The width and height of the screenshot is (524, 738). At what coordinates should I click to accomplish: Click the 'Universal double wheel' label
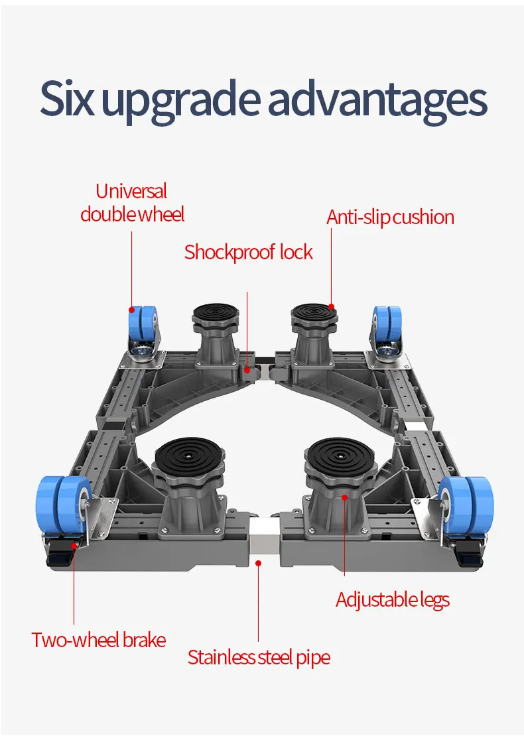132,203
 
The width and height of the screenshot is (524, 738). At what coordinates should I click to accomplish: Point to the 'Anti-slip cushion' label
390,217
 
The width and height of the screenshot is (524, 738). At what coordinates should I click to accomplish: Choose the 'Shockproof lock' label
248,253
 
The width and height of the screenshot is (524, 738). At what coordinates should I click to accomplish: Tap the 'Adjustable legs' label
392,600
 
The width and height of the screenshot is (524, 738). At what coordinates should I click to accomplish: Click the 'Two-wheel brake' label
98,640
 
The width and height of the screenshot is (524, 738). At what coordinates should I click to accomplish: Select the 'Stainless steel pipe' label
259,657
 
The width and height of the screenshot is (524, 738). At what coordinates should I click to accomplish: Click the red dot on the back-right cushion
331,307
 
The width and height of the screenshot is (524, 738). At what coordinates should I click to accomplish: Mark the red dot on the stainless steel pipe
259,563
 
